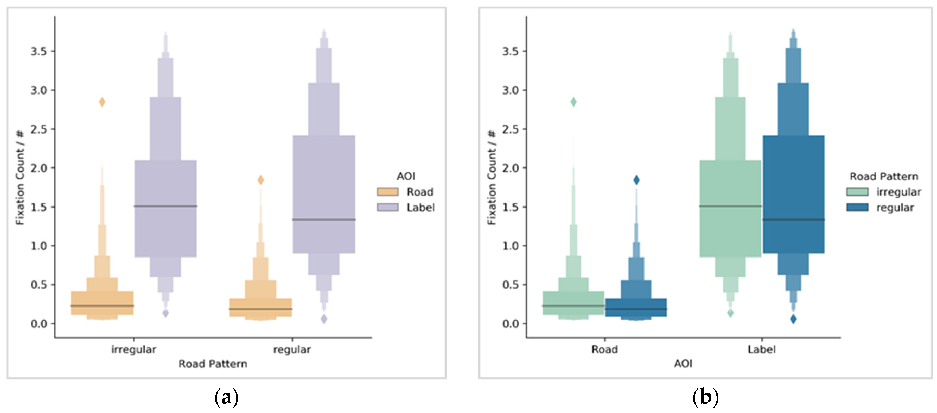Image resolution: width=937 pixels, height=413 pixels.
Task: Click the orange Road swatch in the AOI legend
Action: [x=387, y=192]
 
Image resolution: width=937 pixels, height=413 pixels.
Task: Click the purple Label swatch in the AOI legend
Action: [x=387, y=207]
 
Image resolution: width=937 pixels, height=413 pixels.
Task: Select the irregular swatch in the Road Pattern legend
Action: [x=857, y=192]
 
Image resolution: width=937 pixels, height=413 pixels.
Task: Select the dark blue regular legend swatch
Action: [x=857, y=207]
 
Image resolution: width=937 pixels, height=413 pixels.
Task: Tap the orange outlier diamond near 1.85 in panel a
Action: [x=261, y=180]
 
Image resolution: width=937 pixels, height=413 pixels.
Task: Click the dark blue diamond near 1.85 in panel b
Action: [x=636, y=180]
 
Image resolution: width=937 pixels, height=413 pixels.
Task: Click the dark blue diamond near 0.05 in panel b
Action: [x=793, y=319]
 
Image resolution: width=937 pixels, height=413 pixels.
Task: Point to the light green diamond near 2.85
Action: [x=573, y=102]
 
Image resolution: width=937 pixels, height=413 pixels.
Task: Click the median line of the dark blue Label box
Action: [x=793, y=220]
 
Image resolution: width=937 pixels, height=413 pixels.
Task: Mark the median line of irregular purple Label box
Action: [x=165, y=206]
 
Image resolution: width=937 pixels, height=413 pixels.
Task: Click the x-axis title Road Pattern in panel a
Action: [x=213, y=364]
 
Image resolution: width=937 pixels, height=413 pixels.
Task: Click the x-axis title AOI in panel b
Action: [x=683, y=364]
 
